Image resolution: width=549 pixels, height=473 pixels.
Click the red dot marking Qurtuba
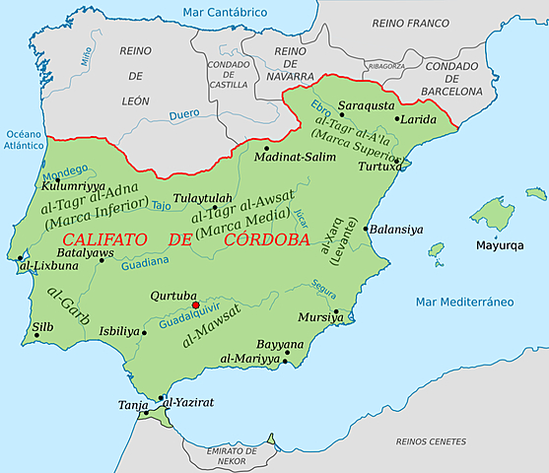tap(195, 305)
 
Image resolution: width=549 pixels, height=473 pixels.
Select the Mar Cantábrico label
tap(225, 12)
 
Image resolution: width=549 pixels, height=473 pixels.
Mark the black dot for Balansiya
tap(366, 230)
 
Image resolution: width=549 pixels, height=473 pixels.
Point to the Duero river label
tap(185, 114)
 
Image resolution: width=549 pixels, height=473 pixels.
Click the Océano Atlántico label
tap(25, 139)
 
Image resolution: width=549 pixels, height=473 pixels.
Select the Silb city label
tap(43, 324)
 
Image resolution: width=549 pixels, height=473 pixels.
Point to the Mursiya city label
tap(316, 318)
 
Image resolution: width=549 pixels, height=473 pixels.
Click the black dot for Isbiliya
tap(143, 332)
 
